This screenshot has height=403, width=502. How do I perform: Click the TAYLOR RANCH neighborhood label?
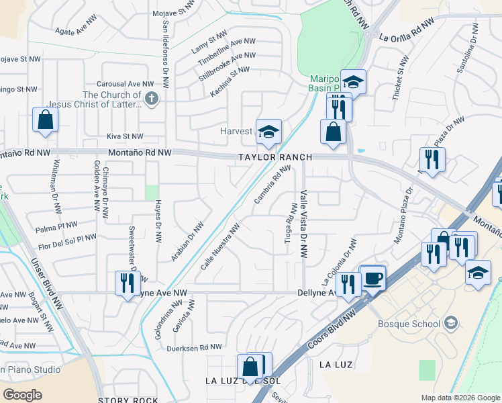click(275, 157)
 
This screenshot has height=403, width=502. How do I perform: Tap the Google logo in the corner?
click(23, 395)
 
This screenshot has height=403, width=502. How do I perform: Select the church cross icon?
click(152, 99)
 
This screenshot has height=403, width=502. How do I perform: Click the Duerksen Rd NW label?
click(195, 347)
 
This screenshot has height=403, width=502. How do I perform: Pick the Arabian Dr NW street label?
click(187, 241)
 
